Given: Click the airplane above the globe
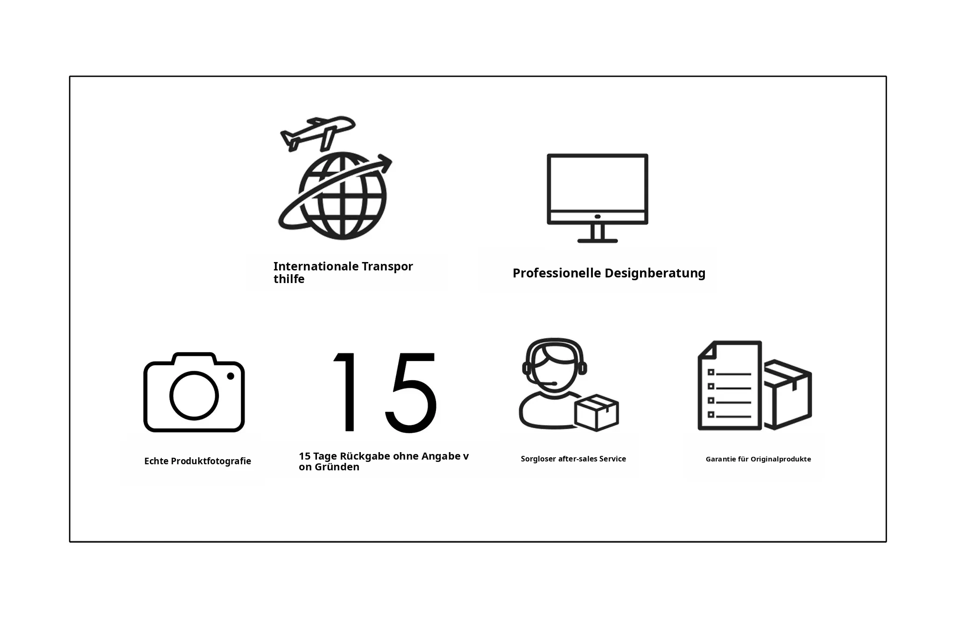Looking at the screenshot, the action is pyautogui.click(x=317, y=133).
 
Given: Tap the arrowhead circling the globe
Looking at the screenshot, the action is pyautogui.click(x=386, y=163).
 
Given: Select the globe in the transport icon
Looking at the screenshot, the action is pyautogui.click(x=343, y=196).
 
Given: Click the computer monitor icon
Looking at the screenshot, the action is pyautogui.click(x=597, y=198).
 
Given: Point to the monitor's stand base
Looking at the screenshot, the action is pyautogui.click(x=597, y=241).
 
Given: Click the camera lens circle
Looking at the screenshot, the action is pyautogui.click(x=194, y=396).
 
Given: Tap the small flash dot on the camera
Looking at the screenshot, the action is pyautogui.click(x=231, y=376).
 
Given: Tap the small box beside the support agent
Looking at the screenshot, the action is pyautogui.click(x=597, y=412).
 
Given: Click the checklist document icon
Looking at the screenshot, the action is pyautogui.click(x=730, y=385).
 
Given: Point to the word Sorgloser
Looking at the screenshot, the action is pyautogui.click(x=538, y=459).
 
